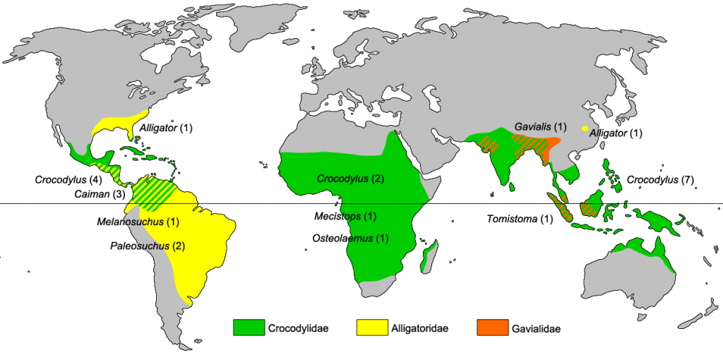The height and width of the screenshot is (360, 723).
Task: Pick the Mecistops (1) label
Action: [346, 216]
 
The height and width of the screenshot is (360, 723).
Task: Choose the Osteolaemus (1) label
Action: [351, 239]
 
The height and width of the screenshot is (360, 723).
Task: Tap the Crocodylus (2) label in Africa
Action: [350, 179]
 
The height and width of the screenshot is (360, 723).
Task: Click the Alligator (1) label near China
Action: [616, 133]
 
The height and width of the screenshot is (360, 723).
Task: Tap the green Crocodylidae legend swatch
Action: [249, 328]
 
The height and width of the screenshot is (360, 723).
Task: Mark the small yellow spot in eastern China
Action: [584, 128]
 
